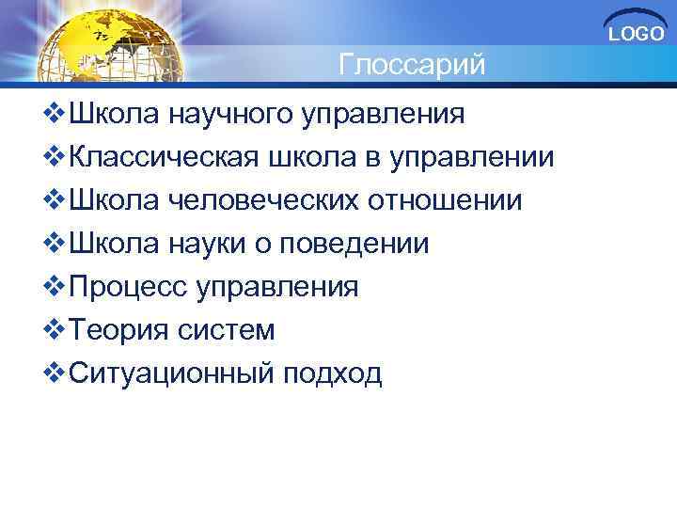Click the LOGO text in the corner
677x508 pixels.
(637, 35)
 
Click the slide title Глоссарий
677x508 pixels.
(412, 66)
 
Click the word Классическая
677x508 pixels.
(159, 158)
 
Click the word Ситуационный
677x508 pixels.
(166, 373)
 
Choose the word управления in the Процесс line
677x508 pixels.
(277, 287)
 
